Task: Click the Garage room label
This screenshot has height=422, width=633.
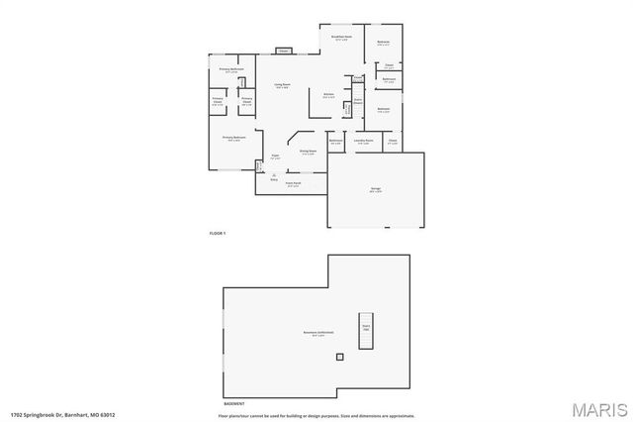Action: (x=376, y=191)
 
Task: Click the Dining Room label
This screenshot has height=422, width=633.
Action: (x=308, y=152)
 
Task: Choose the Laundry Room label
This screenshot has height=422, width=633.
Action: (x=363, y=142)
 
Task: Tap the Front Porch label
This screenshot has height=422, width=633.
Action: (x=294, y=184)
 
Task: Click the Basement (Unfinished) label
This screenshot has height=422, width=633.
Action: (x=317, y=333)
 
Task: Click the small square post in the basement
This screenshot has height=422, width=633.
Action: (x=340, y=356)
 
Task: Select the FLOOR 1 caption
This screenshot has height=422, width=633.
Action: (x=218, y=232)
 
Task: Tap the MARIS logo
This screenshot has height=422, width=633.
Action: (x=597, y=408)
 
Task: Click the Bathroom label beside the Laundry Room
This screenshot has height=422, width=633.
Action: (x=335, y=142)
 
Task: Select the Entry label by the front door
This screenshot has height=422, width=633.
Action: (x=273, y=178)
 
